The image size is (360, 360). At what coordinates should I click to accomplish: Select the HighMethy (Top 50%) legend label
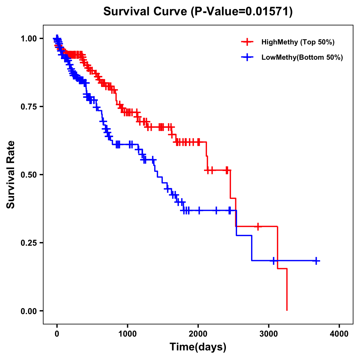point(298,42)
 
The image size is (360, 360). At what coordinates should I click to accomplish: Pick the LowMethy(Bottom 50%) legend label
point(302,57)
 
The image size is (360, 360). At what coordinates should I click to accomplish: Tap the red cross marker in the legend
point(247,42)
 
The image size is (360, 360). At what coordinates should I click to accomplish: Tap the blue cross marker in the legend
point(247,57)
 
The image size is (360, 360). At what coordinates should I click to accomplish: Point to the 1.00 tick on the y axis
point(28,38)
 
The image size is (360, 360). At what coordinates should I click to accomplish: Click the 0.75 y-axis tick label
point(28,106)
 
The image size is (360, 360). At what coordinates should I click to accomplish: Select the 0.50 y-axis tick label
point(28,175)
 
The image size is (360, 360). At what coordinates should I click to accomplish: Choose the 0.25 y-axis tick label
point(28,243)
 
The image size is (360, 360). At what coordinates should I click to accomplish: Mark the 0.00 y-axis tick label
point(28,311)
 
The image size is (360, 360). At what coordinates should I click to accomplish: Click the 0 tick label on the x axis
point(57,334)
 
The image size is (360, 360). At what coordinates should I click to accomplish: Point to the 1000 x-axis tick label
point(127,334)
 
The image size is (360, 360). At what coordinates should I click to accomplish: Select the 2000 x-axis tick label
point(198,334)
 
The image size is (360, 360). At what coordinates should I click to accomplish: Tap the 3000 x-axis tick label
point(269,334)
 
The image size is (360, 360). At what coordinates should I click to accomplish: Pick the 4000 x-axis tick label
point(339,334)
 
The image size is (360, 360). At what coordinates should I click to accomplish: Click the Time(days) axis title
point(198,347)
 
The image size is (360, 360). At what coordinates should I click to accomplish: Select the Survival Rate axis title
point(11,175)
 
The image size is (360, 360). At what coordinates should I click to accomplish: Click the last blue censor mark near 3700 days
point(316,261)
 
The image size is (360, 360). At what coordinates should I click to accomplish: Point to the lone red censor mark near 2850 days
point(258,226)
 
